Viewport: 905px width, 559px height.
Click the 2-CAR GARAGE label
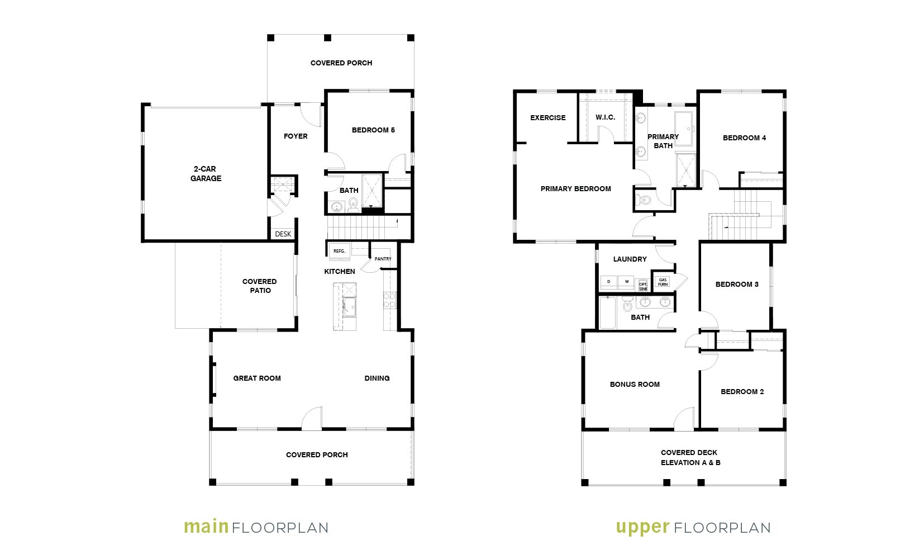(x=206, y=174)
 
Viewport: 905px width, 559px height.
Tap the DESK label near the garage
(x=283, y=234)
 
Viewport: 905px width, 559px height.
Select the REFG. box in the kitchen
(x=340, y=251)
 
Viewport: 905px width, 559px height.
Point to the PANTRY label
(x=383, y=259)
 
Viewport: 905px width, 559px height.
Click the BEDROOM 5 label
(x=373, y=130)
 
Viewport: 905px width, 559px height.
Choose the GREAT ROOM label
(x=257, y=378)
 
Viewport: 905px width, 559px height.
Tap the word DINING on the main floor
(x=377, y=378)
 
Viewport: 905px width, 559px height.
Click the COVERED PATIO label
(x=260, y=286)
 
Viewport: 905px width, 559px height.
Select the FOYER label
(x=296, y=136)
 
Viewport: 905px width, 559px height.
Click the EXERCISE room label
(x=548, y=117)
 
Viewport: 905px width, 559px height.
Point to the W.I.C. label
(x=605, y=117)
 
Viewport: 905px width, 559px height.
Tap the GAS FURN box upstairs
(x=663, y=282)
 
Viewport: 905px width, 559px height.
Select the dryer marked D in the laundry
(x=609, y=282)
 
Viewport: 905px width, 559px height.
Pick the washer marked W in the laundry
(x=627, y=282)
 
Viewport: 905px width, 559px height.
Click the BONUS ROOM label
(x=635, y=385)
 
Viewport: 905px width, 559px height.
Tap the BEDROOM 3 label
(x=737, y=284)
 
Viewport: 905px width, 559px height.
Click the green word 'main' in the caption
(x=206, y=527)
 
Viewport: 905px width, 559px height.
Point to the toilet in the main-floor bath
(x=353, y=204)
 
